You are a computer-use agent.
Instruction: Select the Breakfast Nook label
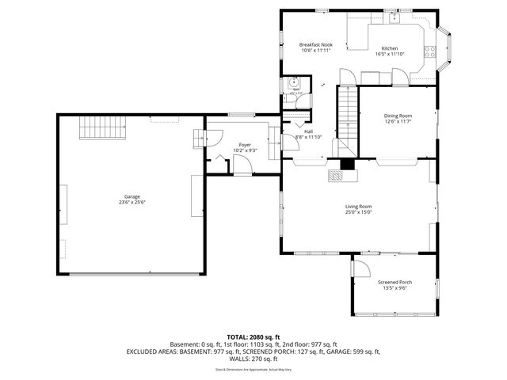pos(314,45)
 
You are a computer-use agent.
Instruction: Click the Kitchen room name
pos(390,48)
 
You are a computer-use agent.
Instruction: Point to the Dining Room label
pos(398,116)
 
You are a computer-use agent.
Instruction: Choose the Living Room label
pos(358,207)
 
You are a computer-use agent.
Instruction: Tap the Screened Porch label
pos(392,283)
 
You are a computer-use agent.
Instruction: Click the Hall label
pos(308,131)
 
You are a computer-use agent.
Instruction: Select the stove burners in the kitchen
pos(430,53)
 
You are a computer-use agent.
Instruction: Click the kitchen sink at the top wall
pos(395,18)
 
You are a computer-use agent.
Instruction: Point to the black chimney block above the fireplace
pos(346,165)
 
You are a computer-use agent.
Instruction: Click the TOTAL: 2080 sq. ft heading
pos(253,337)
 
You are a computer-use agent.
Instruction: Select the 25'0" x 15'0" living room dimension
pos(358,212)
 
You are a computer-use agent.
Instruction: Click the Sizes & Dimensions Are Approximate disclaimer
pos(253,369)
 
